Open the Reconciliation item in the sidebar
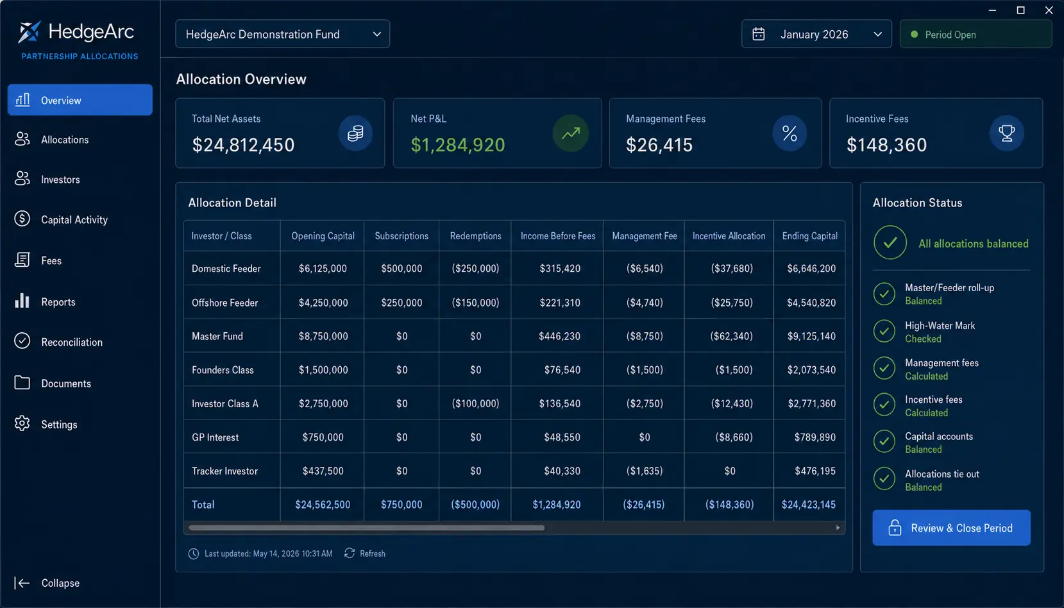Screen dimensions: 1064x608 (x=71, y=342)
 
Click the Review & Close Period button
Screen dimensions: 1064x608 (x=951, y=528)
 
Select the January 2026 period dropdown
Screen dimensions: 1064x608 (x=816, y=34)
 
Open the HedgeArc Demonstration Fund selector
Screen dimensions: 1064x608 (x=283, y=34)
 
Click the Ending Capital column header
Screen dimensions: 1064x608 (x=809, y=236)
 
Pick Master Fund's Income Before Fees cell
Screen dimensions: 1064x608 (x=559, y=336)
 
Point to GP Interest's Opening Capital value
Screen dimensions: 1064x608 (x=323, y=437)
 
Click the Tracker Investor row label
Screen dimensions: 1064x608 (x=224, y=471)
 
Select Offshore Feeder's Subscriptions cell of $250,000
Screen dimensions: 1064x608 (x=401, y=303)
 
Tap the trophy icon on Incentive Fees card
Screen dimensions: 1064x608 (x=1006, y=133)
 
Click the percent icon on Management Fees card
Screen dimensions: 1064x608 (x=790, y=133)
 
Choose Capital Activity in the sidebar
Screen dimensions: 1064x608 (x=74, y=219)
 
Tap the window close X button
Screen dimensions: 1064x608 (x=1049, y=10)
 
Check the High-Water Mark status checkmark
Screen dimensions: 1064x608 (x=884, y=331)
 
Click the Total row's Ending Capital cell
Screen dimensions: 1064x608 (x=809, y=505)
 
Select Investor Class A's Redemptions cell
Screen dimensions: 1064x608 (x=475, y=403)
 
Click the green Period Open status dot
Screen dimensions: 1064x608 (x=914, y=34)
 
